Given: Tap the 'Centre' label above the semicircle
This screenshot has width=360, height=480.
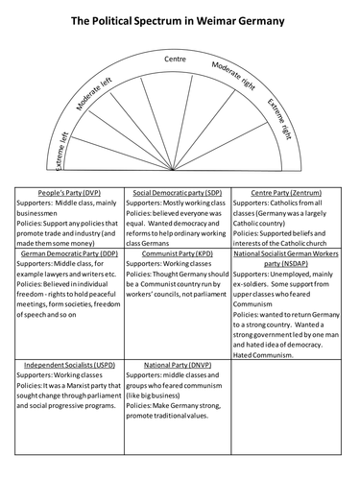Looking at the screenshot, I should point(175,60).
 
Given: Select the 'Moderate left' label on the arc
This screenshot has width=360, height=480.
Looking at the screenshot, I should point(106,94).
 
